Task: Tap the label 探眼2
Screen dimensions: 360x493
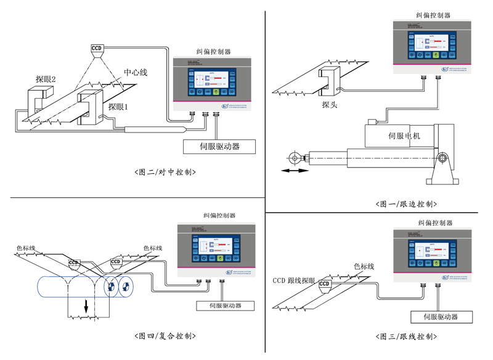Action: click(x=46, y=79)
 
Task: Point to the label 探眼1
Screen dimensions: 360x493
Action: click(x=118, y=106)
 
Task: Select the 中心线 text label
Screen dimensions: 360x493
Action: click(x=136, y=72)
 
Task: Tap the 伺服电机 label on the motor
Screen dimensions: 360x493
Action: click(x=404, y=136)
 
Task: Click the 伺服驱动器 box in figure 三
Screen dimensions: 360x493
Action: click(x=440, y=317)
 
